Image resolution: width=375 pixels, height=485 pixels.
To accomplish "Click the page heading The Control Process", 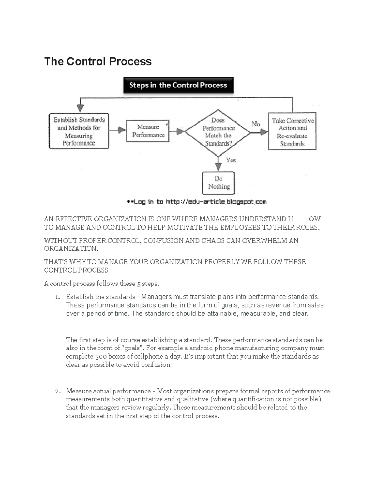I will point(98,62).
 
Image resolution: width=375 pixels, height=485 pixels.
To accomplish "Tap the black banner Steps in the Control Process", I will point(178,85).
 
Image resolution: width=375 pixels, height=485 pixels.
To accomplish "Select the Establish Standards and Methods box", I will point(79,131).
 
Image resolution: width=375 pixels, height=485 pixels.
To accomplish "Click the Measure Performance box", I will point(148,131).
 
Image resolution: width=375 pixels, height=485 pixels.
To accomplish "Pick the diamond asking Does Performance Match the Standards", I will point(218,132).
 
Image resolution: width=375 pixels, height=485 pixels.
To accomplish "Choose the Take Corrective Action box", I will point(292,132).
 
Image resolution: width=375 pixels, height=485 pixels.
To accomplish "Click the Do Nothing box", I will point(218,183).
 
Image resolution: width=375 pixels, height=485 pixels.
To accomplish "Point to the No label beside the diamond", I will point(256,124).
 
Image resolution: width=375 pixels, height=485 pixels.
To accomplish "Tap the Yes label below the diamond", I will point(231,160).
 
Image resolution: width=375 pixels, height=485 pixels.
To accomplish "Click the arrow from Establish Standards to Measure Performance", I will point(118,130).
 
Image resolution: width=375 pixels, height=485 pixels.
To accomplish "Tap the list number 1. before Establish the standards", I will point(57,297).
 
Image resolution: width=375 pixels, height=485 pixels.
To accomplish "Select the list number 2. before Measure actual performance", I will point(57,392).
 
